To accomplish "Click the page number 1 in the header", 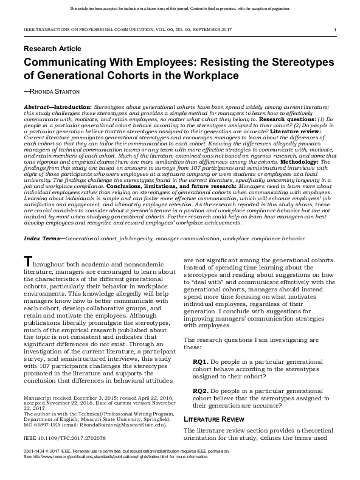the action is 335,29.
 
